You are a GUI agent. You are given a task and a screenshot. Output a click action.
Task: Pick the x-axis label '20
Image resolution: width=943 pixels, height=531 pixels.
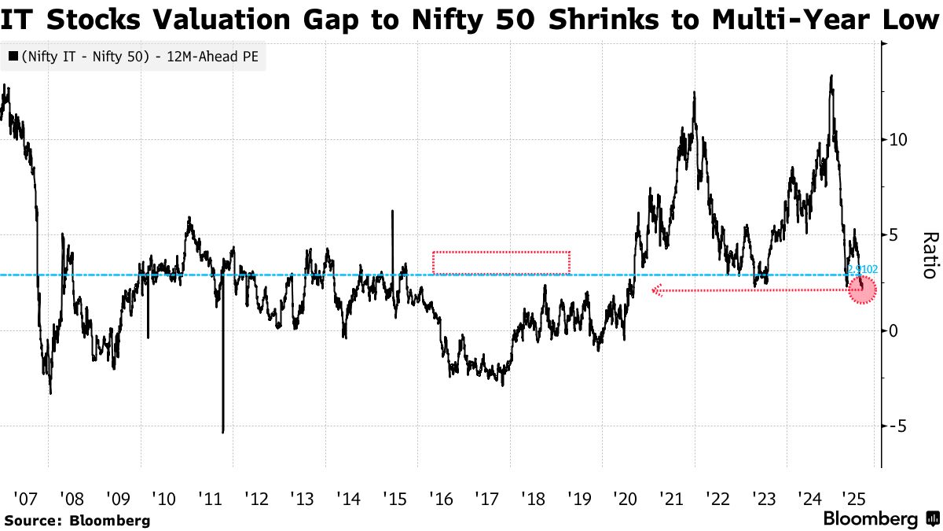(626, 499)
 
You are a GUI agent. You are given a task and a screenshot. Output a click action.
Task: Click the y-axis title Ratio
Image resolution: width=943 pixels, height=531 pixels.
(928, 255)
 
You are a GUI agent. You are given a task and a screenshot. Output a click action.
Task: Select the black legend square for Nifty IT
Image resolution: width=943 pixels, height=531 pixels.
(13, 57)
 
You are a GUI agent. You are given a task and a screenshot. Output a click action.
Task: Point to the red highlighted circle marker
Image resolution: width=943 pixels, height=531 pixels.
(863, 290)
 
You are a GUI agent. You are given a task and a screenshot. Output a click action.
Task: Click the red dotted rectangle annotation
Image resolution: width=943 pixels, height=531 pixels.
(501, 263)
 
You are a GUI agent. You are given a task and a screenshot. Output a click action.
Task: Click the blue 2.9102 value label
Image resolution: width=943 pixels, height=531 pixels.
(862, 269)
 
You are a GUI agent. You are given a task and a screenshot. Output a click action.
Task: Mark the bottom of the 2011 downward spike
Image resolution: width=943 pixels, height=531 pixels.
(222, 432)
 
